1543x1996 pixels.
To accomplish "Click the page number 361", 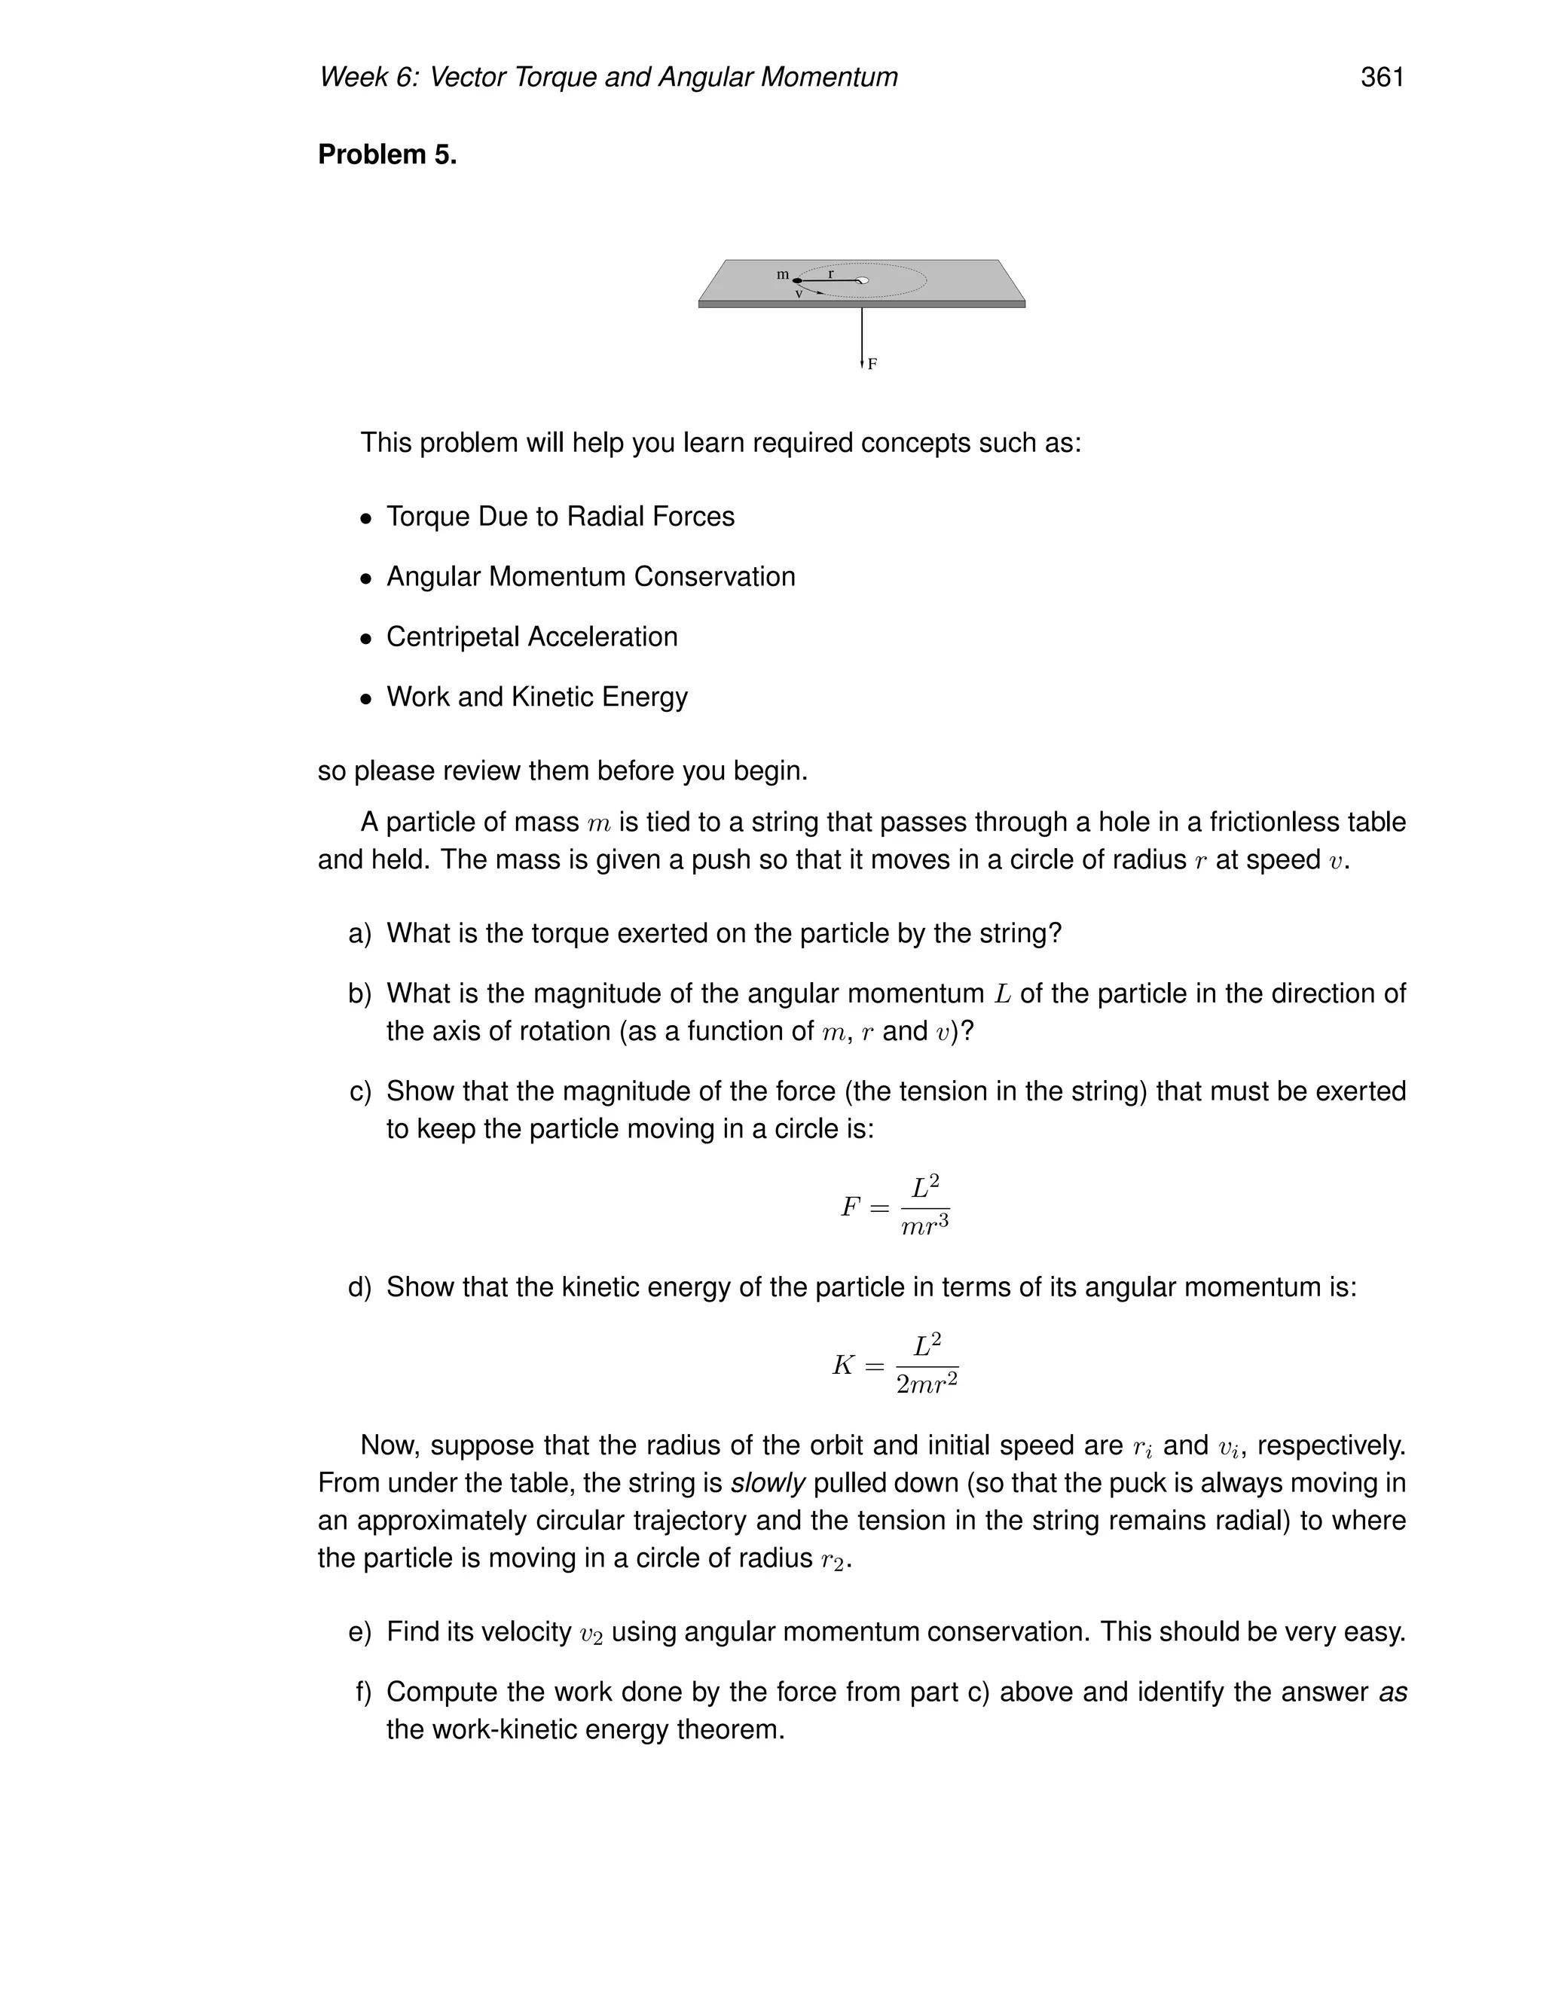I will [1381, 78].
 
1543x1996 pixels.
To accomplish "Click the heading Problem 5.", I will [387, 154].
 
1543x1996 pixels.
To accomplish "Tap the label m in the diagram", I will [783, 274].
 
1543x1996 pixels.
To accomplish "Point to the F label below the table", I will [872, 364].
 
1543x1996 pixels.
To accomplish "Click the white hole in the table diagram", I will [861, 281].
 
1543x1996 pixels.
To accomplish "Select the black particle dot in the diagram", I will [797, 281].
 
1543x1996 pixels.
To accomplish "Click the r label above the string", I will [831, 273].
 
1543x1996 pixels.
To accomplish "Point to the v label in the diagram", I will [799, 295].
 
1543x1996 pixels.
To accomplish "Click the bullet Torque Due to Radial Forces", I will [560, 517].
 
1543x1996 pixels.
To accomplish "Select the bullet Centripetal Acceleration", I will [531, 637].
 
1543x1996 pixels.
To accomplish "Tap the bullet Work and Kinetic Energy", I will [536, 697].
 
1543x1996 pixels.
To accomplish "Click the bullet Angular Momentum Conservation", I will [591, 577].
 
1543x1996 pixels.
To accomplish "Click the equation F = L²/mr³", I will [895, 1207].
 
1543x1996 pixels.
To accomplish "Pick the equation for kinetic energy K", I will [895, 1365].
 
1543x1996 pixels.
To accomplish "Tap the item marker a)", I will [360, 933].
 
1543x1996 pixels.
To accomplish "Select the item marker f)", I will [363, 1692].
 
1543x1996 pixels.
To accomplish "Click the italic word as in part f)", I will [1392, 1692].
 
